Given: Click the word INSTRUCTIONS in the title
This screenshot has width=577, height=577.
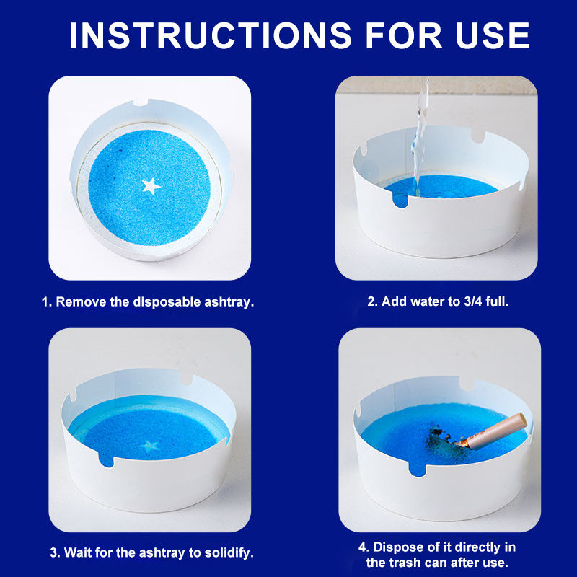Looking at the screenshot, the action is pyautogui.click(x=211, y=35).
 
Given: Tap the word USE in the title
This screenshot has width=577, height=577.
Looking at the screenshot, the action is pyautogui.click(x=493, y=35).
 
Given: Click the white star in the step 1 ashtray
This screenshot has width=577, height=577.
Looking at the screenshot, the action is pyautogui.click(x=151, y=186).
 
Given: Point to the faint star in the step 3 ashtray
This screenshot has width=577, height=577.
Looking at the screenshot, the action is pyautogui.click(x=149, y=446).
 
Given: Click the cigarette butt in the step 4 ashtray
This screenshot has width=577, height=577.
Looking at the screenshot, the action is pyautogui.click(x=493, y=431).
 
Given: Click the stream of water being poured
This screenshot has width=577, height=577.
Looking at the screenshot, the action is pyautogui.click(x=420, y=136).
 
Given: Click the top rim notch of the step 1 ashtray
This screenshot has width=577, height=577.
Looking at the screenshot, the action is pyautogui.click(x=140, y=102).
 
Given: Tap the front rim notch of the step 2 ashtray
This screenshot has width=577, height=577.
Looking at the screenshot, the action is pyautogui.click(x=400, y=201).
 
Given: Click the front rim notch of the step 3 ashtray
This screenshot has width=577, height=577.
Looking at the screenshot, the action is pyautogui.click(x=106, y=460).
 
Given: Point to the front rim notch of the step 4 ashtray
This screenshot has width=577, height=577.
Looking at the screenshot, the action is pyautogui.click(x=418, y=470).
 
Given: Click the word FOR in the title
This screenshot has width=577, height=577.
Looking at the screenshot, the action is pyautogui.click(x=404, y=35).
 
